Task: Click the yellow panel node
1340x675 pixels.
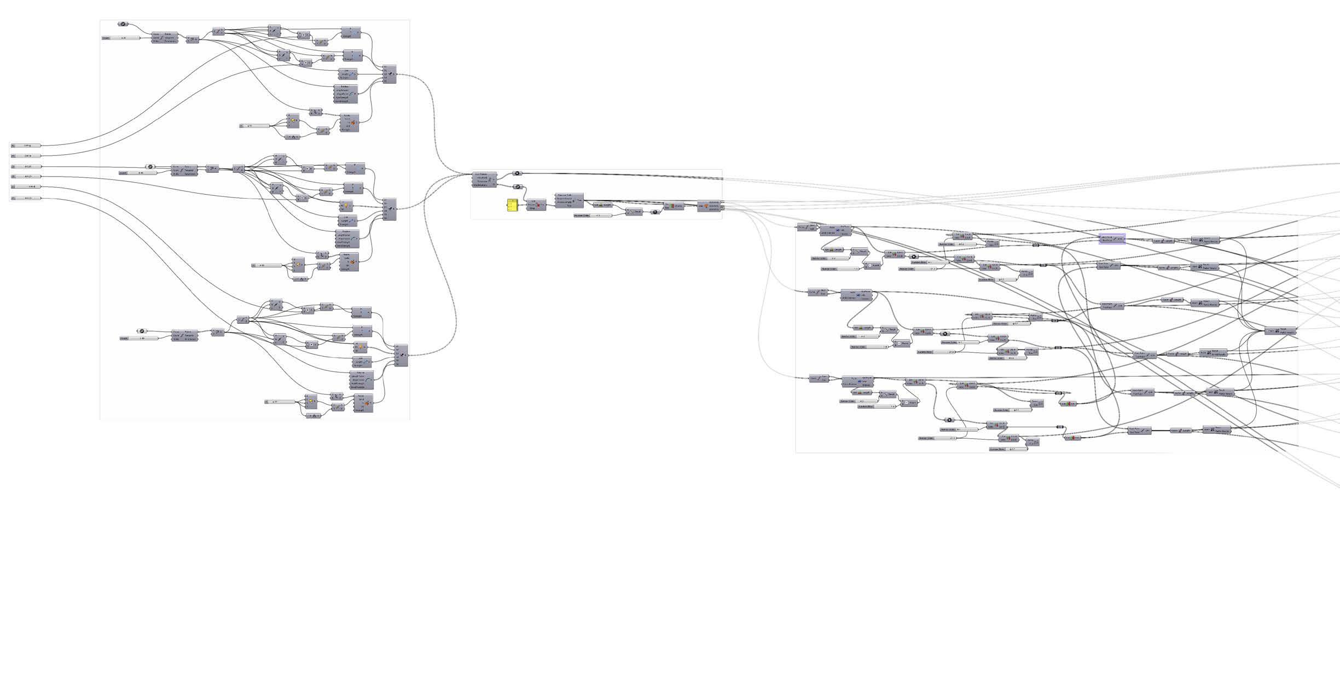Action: (512, 206)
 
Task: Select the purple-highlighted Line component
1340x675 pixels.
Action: (1112, 239)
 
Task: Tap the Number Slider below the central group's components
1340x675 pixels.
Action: (593, 216)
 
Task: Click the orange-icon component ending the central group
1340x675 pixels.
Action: (709, 206)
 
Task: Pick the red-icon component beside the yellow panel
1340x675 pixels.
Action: (536, 205)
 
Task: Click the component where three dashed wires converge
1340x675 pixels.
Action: (484, 180)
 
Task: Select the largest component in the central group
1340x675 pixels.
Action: (569, 200)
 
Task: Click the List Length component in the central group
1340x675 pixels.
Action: (604, 205)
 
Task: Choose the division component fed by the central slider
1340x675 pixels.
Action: (634, 212)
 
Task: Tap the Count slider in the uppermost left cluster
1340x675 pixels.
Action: (121, 38)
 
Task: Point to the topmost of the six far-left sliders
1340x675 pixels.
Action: (26, 146)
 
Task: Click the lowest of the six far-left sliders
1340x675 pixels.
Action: (26, 198)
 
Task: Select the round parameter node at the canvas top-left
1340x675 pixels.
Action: (123, 24)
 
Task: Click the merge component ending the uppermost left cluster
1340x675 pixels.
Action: (389, 74)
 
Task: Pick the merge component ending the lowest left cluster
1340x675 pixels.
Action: (401, 355)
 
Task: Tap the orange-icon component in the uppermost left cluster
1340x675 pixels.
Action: (349, 123)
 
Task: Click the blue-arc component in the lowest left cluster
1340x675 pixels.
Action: (362, 380)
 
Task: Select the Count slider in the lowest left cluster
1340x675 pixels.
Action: (140, 338)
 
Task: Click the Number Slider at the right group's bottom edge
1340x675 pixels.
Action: (1008, 449)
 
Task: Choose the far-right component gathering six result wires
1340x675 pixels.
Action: (1280, 331)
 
